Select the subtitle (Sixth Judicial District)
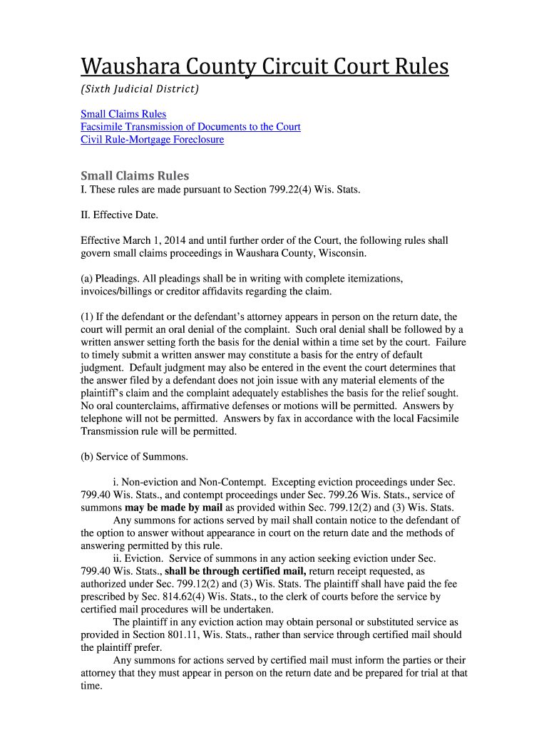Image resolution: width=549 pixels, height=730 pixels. pyautogui.click(x=139, y=89)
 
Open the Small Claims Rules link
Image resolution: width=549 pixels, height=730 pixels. pyautogui.click(x=123, y=114)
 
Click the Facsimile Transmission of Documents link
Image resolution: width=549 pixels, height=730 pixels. pyautogui.click(x=190, y=127)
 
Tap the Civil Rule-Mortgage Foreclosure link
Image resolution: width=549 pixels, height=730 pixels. pyautogui.click(x=152, y=140)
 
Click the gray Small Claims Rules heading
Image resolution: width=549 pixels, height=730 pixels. pyautogui.click(x=135, y=176)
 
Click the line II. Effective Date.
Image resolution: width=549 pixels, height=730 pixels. pyautogui.click(x=119, y=215)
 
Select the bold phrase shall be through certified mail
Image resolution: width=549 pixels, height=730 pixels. pyautogui.click(x=235, y=571)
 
